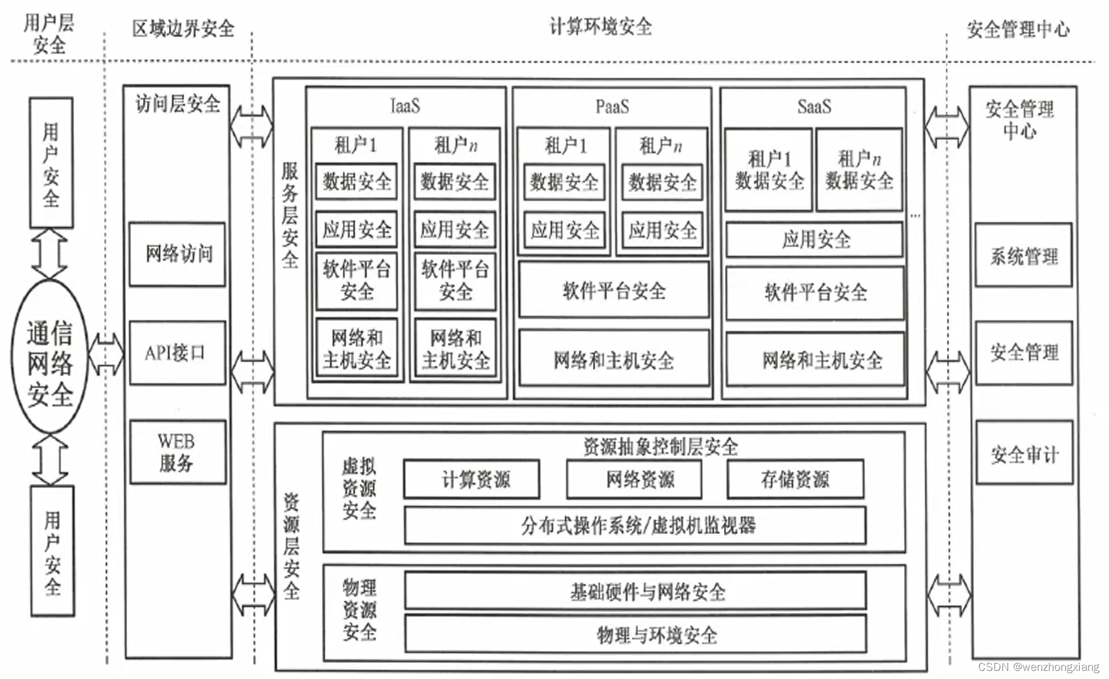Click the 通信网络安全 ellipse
(50, 356)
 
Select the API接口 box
(177, 353)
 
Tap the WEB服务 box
(178, 452)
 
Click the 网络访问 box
(177, 254)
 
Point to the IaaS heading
(405, 106)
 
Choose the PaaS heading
(612, 107)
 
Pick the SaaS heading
(814, 107)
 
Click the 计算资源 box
(472, 479)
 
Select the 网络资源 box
(634, 479)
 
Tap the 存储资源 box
(796, 479)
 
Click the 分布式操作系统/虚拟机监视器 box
(635, 525)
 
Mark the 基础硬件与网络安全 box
(635, 591)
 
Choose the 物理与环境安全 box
(635, 634)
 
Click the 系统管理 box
(1024, 255)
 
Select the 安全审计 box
(1024, 453)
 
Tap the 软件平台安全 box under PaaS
(614, 290)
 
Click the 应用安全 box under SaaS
(814, 240)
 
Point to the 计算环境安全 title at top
(601, 27)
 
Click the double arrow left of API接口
(106, 354)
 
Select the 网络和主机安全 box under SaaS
(815, 359)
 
